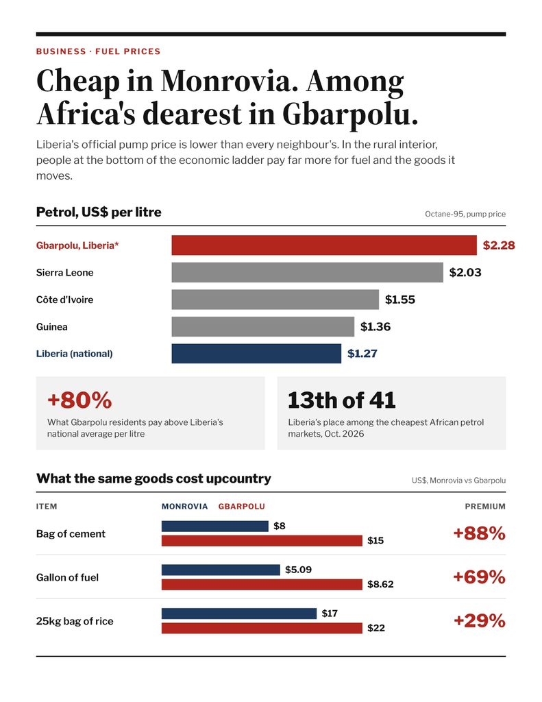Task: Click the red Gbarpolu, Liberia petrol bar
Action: pos(324,245)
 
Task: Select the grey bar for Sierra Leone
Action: pos(308,272)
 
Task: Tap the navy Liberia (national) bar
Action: pos(256,354)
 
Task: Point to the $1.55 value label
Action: pos(400,300)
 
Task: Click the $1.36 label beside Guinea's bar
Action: pos(375,327)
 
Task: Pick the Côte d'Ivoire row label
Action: pos(65,300)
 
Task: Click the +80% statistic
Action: pos(79,400)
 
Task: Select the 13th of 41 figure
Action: pos(342,400)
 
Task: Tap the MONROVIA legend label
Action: pos(185,507)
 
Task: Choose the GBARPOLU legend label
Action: pos(242,507)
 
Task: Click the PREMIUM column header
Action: pos(485,507)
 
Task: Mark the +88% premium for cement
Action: pos(480,533)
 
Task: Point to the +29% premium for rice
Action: pos(480,621)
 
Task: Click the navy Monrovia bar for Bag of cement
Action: pos(215,526)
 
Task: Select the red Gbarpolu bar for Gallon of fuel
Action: pos(262,584)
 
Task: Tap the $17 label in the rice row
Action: pos(330,614)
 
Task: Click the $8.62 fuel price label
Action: pos(380,584)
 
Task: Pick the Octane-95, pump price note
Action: pos(465,214)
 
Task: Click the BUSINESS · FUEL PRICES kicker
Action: pos(99,51)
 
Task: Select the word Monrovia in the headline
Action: pos(230,81)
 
